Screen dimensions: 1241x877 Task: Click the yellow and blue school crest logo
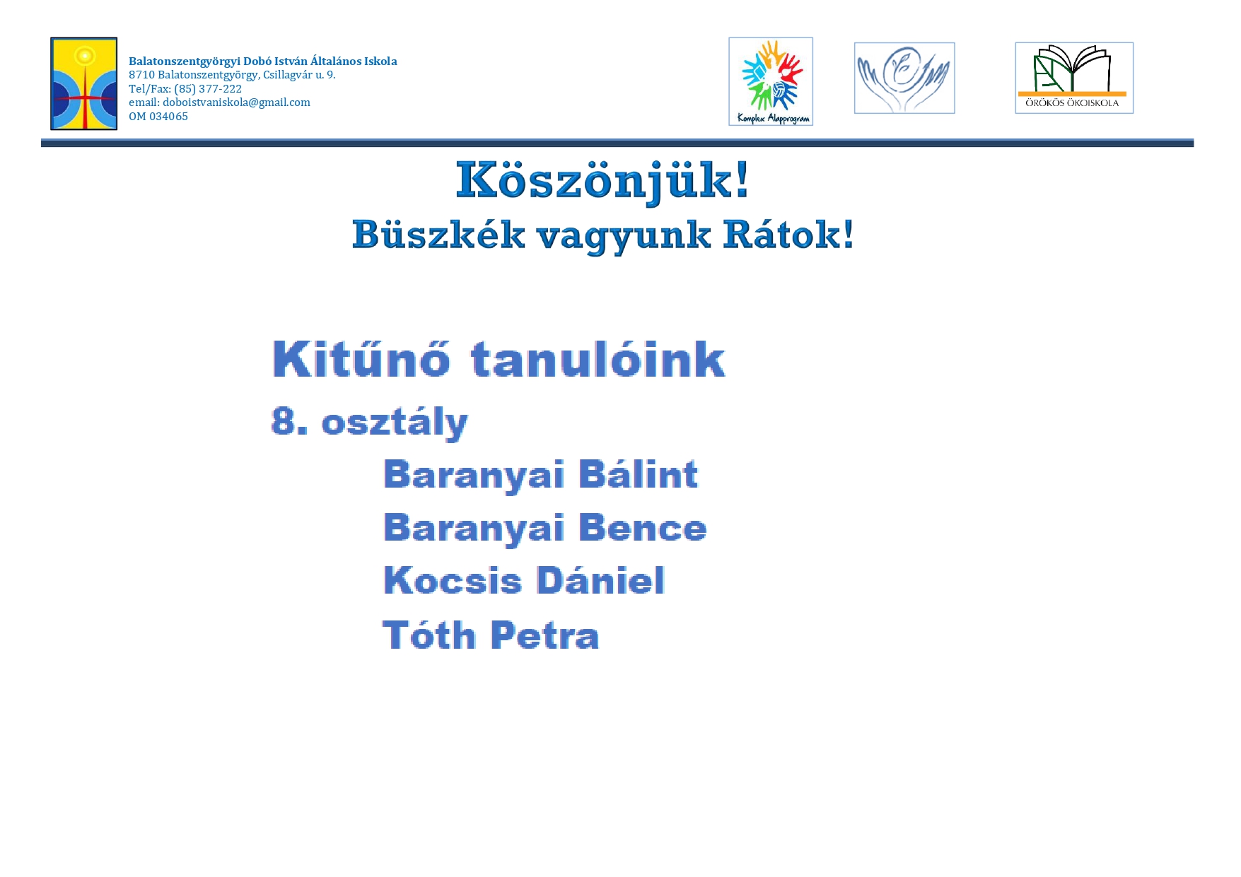(83, 83)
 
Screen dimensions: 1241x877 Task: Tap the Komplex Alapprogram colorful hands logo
(771, 81)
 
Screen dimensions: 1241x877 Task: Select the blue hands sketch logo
(904, 78)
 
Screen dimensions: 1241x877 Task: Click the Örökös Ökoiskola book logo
(1074, 78)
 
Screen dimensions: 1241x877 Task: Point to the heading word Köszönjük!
(602, 182)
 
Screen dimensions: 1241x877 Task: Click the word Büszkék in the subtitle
(438, 235)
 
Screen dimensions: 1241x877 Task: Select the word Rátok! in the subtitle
(788, 235)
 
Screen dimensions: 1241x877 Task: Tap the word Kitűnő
(361, 359)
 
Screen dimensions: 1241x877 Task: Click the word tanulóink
(598, 359)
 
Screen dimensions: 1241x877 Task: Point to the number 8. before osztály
(289, 421)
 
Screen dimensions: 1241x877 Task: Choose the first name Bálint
(639, 474)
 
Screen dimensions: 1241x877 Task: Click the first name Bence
(643, 528)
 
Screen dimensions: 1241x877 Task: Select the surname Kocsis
(453, 581)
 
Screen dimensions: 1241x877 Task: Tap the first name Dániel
(601, 581)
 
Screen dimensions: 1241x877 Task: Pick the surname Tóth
(429, 635)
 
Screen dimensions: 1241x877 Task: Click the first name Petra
(545, 635)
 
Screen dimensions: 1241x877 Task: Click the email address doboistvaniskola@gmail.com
(236, 102)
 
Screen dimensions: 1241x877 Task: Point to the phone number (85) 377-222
(208, 89)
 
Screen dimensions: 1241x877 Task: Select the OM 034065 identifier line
(158, 117)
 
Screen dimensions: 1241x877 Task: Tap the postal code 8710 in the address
(141, 75)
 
